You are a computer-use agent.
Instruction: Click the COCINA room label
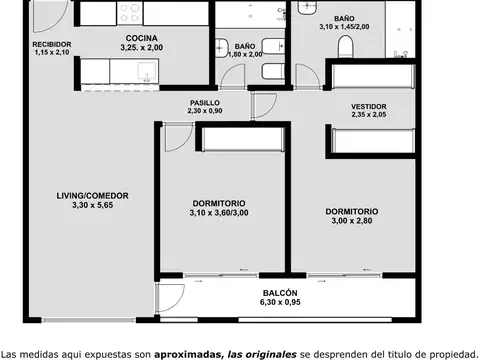coord(142,38)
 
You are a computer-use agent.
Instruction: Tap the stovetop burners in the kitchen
coord(130,13)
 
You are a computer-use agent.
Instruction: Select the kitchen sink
coord(147,72)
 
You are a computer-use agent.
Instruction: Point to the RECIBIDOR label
coord(52,44)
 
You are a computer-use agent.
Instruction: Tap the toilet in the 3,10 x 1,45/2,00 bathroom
coord(345,47)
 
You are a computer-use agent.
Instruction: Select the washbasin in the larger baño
coord(307,8)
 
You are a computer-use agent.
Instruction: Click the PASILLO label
coord(205,103)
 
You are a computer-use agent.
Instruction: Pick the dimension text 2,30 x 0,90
coord(205,111)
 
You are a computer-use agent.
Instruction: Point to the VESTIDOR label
coord(369,107)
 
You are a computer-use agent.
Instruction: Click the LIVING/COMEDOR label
coord(92,196)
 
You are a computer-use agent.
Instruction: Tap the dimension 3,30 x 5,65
coord(93,205)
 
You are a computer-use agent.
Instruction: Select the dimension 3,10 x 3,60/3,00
coord(219,213)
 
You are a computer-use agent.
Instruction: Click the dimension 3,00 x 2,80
coord(352,221)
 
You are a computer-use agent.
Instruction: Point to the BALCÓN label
coord(280,293)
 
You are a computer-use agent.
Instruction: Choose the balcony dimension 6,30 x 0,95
coord(280,302)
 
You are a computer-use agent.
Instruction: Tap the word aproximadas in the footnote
coord(188,354)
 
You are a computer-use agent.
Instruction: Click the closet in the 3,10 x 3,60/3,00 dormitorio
coord(242,139)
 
